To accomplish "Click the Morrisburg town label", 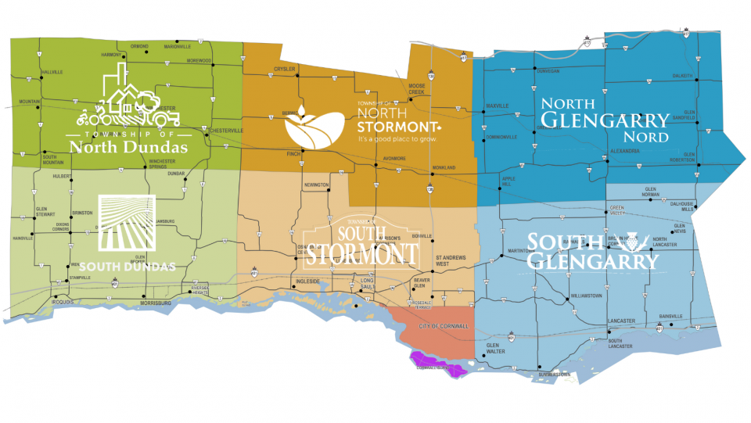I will pyautogui.click(x=155, y=304).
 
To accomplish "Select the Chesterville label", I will pyautogui.click(x=227, y=131).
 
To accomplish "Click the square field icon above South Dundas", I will pyautogui.click(x=126, y=224).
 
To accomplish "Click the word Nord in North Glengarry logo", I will pyautogui.click(x=651, y=138).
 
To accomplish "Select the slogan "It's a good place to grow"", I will pyautogui.click(x=396, y=140).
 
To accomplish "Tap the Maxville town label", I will pyautogui.click(x=498, y=106).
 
